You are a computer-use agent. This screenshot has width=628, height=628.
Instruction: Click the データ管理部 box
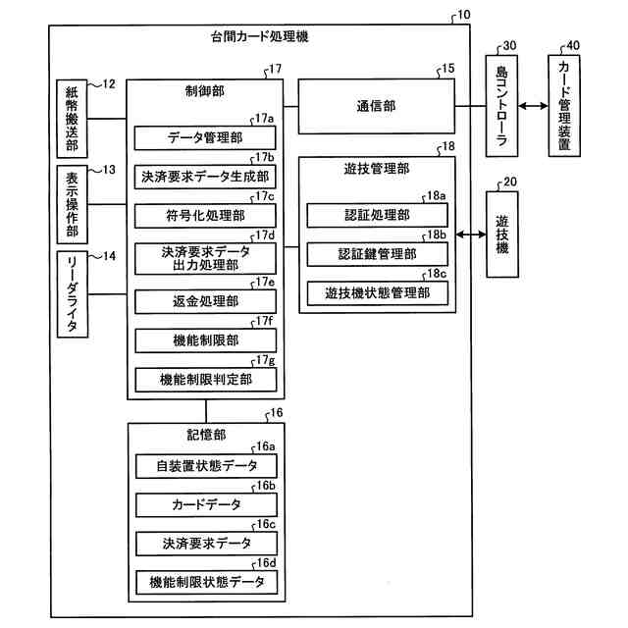205,137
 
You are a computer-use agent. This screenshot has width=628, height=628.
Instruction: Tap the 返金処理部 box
205,301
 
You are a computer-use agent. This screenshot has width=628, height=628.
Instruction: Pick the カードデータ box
205,504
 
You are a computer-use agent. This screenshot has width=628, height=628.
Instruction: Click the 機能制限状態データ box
205,582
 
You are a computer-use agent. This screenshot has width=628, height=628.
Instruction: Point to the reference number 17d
264,235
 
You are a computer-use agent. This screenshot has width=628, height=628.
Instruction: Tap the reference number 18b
437,235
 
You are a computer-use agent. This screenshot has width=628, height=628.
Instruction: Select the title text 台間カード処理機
253,36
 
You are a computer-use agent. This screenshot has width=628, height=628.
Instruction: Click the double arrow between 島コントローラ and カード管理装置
536,107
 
